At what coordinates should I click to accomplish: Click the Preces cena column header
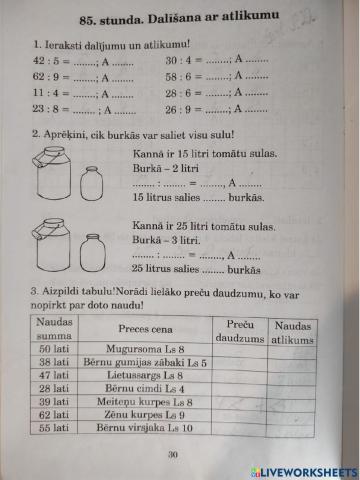147,329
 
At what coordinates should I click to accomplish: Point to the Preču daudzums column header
240,329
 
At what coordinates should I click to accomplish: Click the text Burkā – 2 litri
161,169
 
